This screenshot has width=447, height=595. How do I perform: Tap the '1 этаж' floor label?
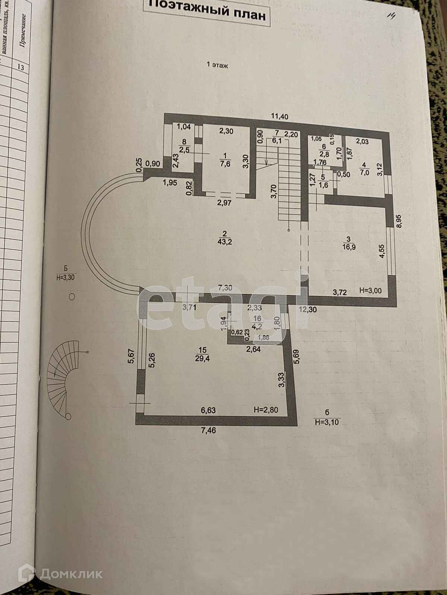[x=217, y=65]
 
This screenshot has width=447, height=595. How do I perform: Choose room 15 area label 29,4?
[x=203, y=357]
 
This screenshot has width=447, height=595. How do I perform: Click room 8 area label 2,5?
[x=184, y=149]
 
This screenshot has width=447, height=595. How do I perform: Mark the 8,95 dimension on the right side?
[x=399, y=221]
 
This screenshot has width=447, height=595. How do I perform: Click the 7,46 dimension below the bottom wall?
[x=209, y=431]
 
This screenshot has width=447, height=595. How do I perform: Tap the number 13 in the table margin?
[x=21, y=67]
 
